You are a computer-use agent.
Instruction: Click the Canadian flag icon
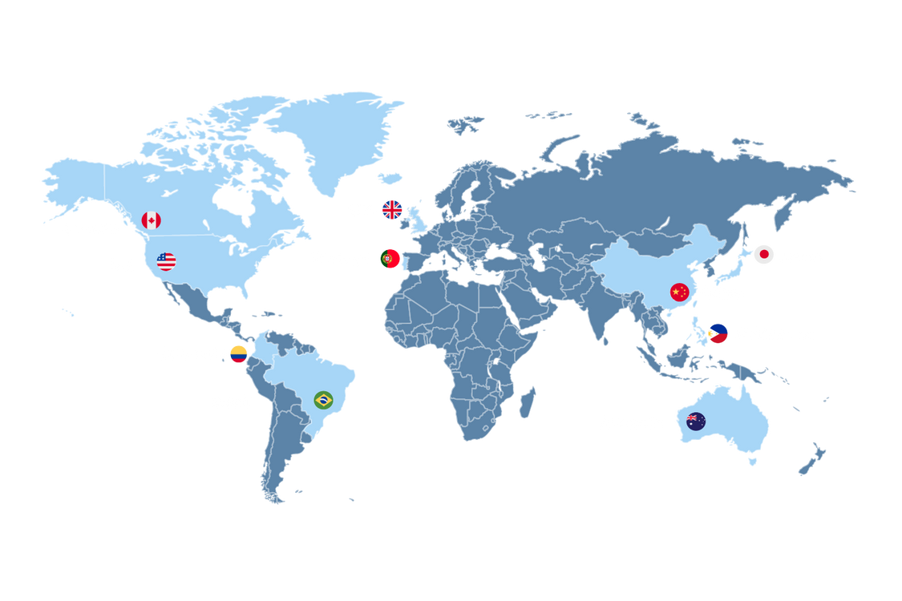pos(151,220)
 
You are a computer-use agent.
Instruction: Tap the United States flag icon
pos(166,261)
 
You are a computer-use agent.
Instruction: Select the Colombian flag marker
pos(238,353)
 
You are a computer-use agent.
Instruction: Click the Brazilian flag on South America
pos(323,400)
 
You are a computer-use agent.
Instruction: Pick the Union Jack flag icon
pos(392,210)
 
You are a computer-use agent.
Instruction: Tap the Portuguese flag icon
pos(390,258)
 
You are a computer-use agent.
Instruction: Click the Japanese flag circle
pos(763,255)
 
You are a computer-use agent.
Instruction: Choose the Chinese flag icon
pos(680,292)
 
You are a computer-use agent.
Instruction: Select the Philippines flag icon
pos(718,333)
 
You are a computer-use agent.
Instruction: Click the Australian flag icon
pos(696,421)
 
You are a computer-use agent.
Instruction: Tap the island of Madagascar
pos(527,401)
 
